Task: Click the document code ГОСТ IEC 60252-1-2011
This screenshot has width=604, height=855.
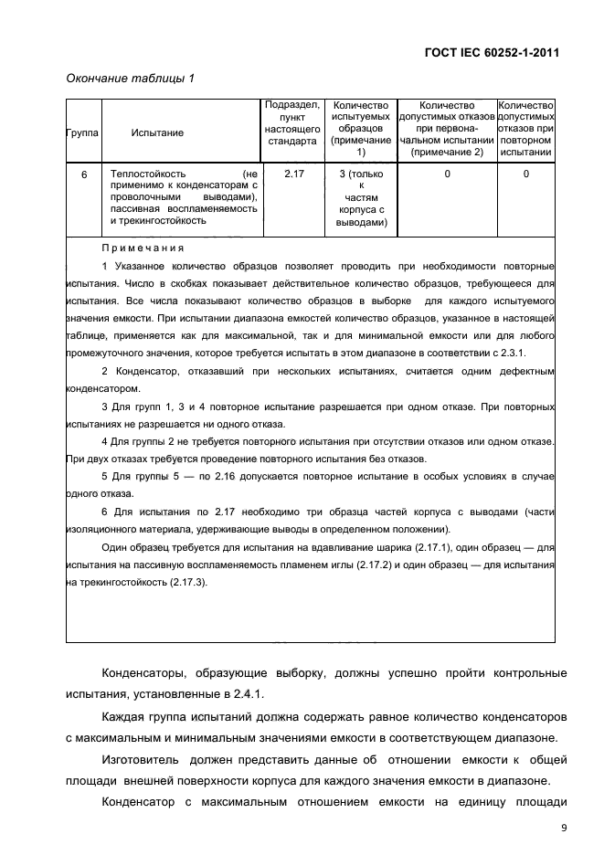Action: (492, 52)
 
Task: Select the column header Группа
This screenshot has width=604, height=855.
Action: (82, 132)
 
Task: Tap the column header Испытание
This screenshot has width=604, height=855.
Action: (157, 132)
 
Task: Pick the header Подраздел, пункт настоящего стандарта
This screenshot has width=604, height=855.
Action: (291, 123)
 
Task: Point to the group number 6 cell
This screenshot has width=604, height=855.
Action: (83, 173)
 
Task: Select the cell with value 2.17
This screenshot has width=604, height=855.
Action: (292, 173)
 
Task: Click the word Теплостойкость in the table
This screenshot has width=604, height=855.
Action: (148, 173)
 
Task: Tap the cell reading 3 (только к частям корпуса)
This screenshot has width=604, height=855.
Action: (361, 196)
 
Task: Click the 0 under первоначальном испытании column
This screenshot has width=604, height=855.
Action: (447, 173)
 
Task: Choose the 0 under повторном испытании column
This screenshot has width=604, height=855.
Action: (525, 173)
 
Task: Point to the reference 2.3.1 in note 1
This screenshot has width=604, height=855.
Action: (539, 352)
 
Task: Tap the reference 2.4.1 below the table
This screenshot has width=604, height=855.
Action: (246, 694)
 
